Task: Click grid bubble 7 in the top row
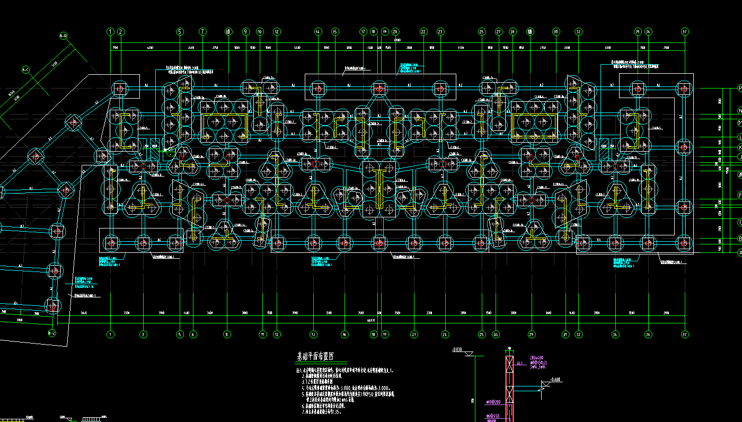click(202, 32)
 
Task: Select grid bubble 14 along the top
click(317, 32)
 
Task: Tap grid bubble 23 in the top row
click(440, 32)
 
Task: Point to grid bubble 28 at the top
click(513, 32)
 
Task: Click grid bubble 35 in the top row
click(638, 32)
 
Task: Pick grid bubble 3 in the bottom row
click(143, 335)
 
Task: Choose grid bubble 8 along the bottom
click(227, 335)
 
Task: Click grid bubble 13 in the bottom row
click(314, 335)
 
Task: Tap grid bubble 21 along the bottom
click(414, 335)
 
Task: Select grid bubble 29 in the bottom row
click(531, 335)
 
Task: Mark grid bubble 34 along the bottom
click(615, 335)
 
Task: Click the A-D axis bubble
click(64, 36)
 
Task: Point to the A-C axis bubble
click(25, 69)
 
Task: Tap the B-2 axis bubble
click(52, 333)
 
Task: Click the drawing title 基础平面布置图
click(322, 356)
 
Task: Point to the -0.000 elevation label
click(457, 350)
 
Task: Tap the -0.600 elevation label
click(555, 380)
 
